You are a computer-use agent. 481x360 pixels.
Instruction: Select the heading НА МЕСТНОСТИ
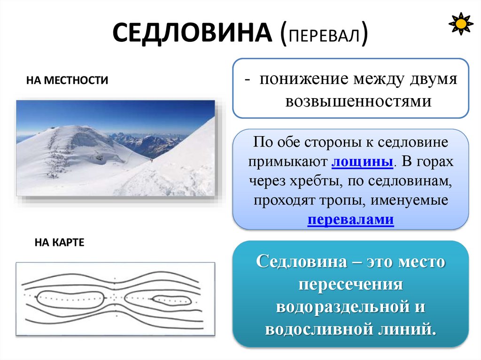67,80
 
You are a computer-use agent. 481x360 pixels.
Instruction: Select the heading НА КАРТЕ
59,243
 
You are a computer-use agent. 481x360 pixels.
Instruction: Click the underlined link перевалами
350,220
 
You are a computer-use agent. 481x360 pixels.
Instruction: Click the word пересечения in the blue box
351,285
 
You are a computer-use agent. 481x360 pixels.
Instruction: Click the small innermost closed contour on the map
171,299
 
